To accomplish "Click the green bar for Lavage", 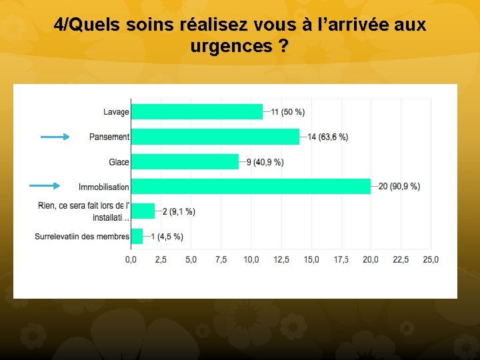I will click(x=197, y=111).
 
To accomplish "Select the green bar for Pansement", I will click(x=215, y=137).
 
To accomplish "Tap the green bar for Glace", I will click(x=185, y=161).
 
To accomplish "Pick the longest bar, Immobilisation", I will click(x=251, y=186).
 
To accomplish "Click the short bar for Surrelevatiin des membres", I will click(x=137, y=236).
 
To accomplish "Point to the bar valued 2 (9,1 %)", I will click(x=143, y=211).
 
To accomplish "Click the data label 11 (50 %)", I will click(x=288, y=112).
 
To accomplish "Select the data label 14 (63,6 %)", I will click(x=327, y=137).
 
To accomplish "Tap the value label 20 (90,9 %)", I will click(x=399, y=187).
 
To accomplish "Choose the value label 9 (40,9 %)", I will click(x=265, y=162).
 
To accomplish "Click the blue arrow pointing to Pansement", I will click(x=55, y=137).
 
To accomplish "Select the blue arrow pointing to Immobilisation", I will click(x=45, y=187).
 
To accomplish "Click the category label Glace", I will click(x=119, y=162).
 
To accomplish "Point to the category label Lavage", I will click(x=116, y=112).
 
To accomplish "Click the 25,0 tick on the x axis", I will click(x=431, y=259).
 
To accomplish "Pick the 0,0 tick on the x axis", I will click(x=131, y=259).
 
